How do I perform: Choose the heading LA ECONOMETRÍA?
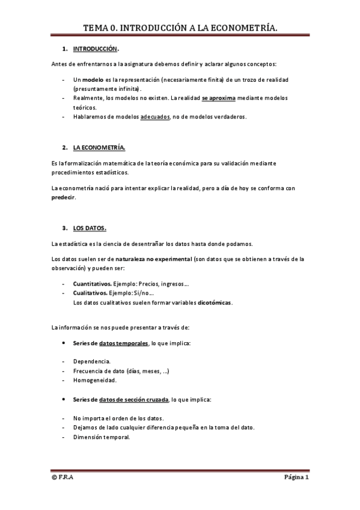coord(99,147)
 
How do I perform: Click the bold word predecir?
coord(64,197)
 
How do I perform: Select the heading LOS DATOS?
coord(90,229)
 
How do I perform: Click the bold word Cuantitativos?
coord(92,283)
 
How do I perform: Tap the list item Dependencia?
coord(92,361)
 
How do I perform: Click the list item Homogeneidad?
coord(95,380)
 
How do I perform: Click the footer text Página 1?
coord(296,478)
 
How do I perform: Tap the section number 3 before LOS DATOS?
coord(64,229)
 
